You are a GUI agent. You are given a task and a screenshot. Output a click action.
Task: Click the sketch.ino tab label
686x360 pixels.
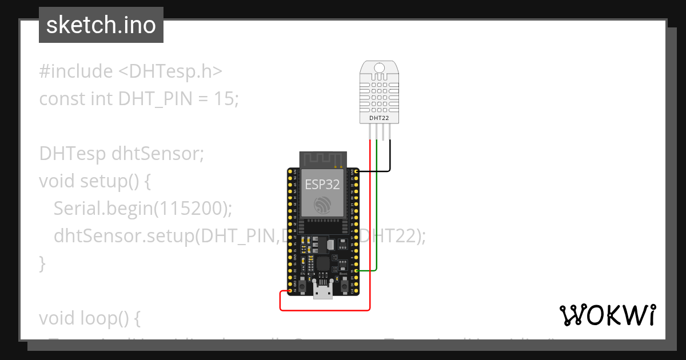tap(101, 25)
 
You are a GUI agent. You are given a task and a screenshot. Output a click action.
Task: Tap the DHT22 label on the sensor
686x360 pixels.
tap(379, 118)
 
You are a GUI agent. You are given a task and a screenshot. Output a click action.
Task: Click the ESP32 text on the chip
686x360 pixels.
tap(322, 185)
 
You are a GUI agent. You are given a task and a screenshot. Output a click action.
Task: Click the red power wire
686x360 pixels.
tap(370, 229)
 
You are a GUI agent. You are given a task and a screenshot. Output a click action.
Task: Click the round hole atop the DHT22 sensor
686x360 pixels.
tap(379, 69)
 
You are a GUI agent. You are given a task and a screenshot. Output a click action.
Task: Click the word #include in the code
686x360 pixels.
tap(76, 71)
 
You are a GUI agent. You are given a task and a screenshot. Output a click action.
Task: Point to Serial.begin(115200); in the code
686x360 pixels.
tap(143, 209)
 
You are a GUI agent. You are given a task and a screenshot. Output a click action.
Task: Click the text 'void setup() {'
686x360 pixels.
tap(95, 181)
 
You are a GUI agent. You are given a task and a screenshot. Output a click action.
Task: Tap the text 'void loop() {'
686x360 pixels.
tap(89, 318)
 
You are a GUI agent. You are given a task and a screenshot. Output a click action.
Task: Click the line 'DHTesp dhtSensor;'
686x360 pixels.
tap(121, 154)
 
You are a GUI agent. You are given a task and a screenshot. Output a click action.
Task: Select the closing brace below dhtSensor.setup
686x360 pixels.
tap(42, 263)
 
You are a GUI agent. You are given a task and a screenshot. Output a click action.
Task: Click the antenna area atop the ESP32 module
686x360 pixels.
tap(324, 159)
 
